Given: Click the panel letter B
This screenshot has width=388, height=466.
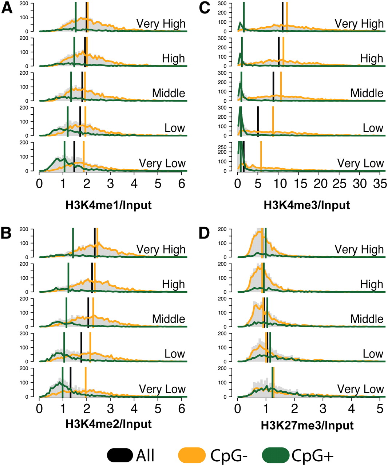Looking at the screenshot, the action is [6, 233].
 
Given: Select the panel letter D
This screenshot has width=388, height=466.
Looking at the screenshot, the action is [204, 233].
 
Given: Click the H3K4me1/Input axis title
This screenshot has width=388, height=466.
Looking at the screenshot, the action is [108, 205].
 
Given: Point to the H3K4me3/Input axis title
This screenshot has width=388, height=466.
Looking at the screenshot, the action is [307, 205].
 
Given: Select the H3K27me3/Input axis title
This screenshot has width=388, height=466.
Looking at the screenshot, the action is [307, 425].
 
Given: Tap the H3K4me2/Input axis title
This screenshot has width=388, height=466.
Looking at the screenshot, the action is [108, 424].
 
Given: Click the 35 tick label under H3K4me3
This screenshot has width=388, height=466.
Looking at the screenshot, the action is [380, 184].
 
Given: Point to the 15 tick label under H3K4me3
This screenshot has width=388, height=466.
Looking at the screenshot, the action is [301, 184].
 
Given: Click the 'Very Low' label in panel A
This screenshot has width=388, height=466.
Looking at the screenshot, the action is [162, 163].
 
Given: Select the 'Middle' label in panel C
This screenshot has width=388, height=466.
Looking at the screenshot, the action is [367, 93].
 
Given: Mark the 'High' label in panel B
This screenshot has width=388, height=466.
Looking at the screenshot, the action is [173, 284].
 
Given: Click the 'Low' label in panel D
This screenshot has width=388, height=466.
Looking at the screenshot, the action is [373, 354].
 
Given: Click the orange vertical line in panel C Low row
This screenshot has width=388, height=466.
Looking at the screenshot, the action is [273, 122].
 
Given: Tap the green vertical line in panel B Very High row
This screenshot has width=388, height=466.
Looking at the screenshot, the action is [73, 243].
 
